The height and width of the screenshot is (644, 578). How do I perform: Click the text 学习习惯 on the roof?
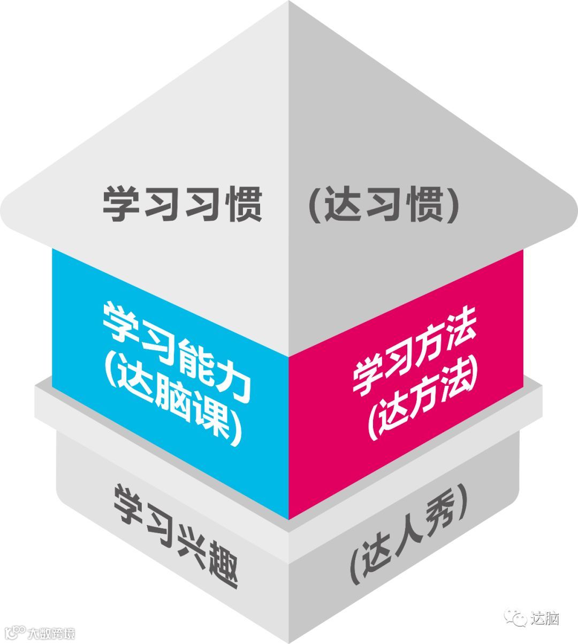(182, 204)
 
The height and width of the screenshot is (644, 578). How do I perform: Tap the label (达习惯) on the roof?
(384, 204)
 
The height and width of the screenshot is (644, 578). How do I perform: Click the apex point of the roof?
(289, 2)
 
